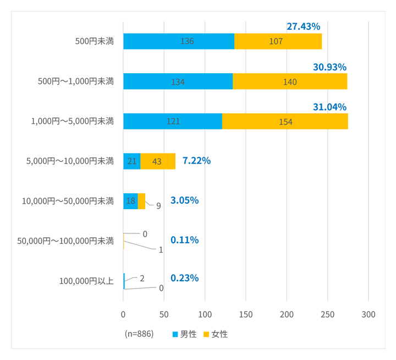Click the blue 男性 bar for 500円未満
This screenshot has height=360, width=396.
(178, 41)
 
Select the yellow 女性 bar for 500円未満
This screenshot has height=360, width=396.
(278, 41)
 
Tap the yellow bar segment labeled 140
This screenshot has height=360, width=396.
(290, 81)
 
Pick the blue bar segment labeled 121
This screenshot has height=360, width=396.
(172, 121)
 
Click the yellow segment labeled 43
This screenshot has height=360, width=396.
(158, 161)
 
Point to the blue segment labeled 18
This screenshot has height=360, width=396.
(130, 201)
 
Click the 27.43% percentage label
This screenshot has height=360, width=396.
(303, 26)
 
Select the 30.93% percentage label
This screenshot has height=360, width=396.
(329, 67)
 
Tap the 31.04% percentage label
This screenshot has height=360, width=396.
(329, 107)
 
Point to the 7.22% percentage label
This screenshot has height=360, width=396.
(196, 161)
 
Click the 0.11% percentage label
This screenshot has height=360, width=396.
(184, 240)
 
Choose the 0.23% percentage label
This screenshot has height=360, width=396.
(184, 278)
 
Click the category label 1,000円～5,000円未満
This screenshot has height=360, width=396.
(72, 121)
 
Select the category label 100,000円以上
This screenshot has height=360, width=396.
(86, 281)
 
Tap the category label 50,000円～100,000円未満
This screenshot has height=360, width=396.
(65, 241)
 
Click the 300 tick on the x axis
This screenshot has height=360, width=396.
(368, 314)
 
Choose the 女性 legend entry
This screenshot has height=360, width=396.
(216, 334)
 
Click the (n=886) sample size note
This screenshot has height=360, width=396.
(139, 334)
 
